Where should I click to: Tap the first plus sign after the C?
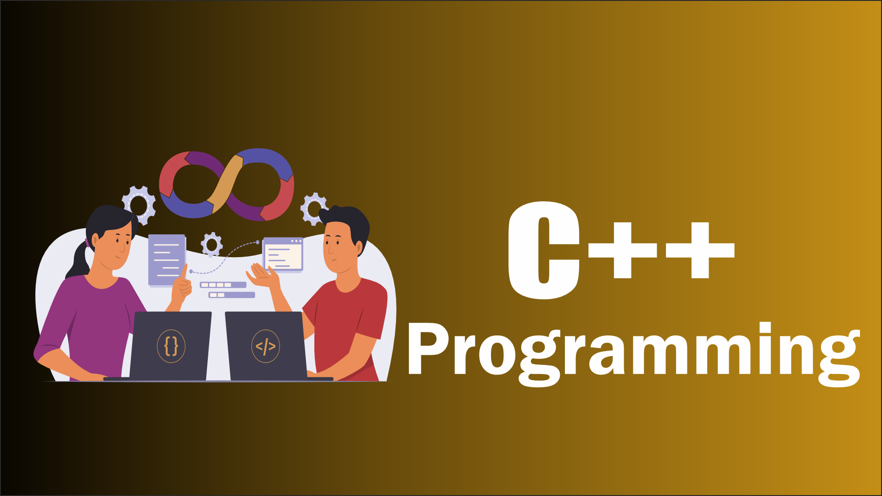(623, 250)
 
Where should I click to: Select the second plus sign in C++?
(700, 250)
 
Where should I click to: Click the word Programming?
(633, 351)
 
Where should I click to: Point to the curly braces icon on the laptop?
(171, 346)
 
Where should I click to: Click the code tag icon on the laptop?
(266, 346)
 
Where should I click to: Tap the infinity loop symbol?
(226, 183)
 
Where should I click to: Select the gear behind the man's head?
(313, 209)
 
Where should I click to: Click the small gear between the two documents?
(212, 245)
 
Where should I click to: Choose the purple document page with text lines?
(167, 260)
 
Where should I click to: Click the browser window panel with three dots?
(283, 254)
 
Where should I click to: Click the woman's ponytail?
(79, 261)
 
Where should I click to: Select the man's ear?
(358, 248)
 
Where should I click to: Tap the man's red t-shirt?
(353, 321)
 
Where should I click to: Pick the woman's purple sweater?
(92, 316)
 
